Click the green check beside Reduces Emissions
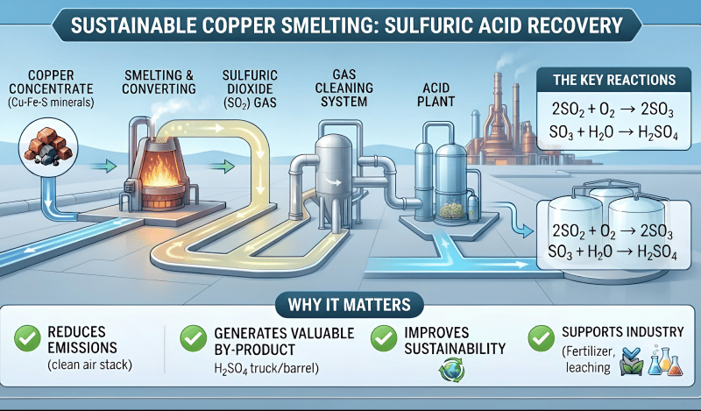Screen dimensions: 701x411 27,338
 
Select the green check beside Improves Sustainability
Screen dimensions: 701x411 384,338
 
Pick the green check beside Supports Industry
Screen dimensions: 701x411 541,338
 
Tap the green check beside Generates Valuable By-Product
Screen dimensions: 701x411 193,338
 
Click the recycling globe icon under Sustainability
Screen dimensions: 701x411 451,370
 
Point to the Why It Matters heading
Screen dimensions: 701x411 349,305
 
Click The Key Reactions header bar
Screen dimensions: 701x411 614,80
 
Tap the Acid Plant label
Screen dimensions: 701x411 435,95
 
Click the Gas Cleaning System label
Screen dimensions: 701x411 344,89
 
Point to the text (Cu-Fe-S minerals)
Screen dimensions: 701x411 51,103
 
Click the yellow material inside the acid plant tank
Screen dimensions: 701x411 452,209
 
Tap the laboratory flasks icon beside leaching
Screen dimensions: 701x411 665,360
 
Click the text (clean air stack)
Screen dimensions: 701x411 90,365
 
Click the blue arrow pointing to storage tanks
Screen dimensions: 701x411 514,219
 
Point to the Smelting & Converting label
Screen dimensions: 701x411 159,81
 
